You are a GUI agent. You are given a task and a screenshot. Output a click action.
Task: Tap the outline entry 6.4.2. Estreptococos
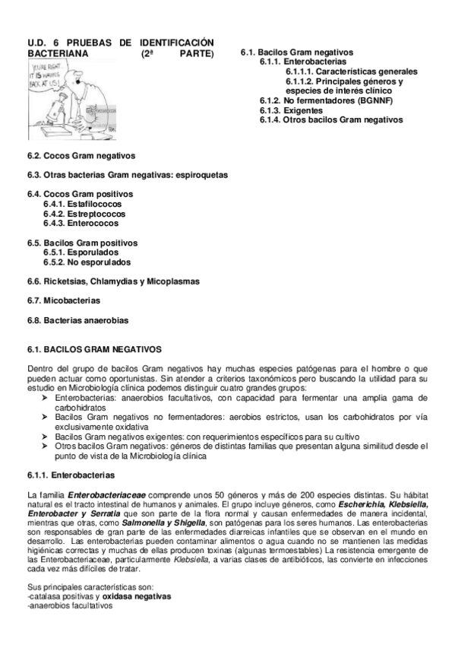[84, 214]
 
